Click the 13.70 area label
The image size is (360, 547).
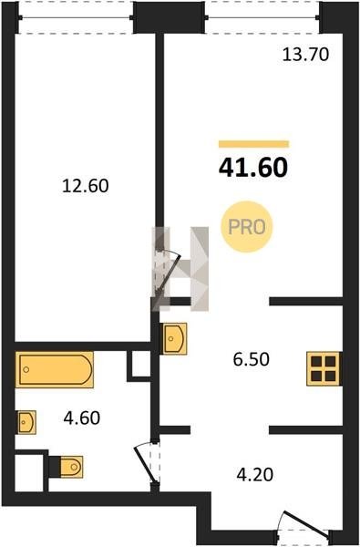point(305,55)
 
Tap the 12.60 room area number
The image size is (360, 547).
point(86,186)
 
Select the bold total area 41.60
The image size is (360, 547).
point(253,168)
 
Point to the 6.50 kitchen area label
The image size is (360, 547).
point(252,359)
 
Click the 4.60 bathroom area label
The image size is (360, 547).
point(82,418)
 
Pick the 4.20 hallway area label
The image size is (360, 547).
point(254,475)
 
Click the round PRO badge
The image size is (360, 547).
point(247,227)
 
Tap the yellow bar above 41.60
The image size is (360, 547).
point(254,144)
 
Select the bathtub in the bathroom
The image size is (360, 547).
point(55,370)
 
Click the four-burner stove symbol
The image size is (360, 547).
point(324,368)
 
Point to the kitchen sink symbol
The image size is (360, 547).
point(173,338)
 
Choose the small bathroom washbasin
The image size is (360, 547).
point(26,422)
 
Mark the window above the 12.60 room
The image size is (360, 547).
point(76,17)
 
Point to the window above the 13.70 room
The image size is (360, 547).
point(262,17)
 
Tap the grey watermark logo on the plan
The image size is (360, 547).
point(180,269)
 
